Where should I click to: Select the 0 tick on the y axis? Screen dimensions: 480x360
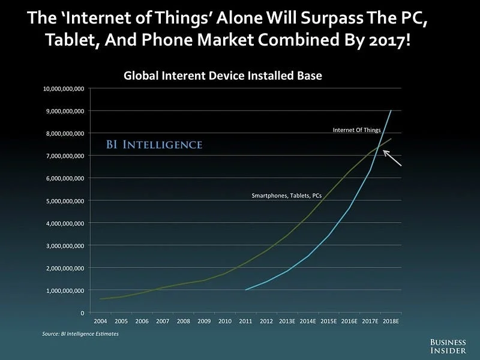[82, 313]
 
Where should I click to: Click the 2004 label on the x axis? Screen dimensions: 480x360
[100, 322]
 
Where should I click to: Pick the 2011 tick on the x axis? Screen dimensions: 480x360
[246, 322]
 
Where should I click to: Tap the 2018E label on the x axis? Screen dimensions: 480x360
[391, 322]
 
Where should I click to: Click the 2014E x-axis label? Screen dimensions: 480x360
[308, 322]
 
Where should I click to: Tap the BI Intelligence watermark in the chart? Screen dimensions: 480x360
[154, 145]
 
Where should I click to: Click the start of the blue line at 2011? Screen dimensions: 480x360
[246, 290]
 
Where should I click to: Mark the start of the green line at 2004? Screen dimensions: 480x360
[100, 299]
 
